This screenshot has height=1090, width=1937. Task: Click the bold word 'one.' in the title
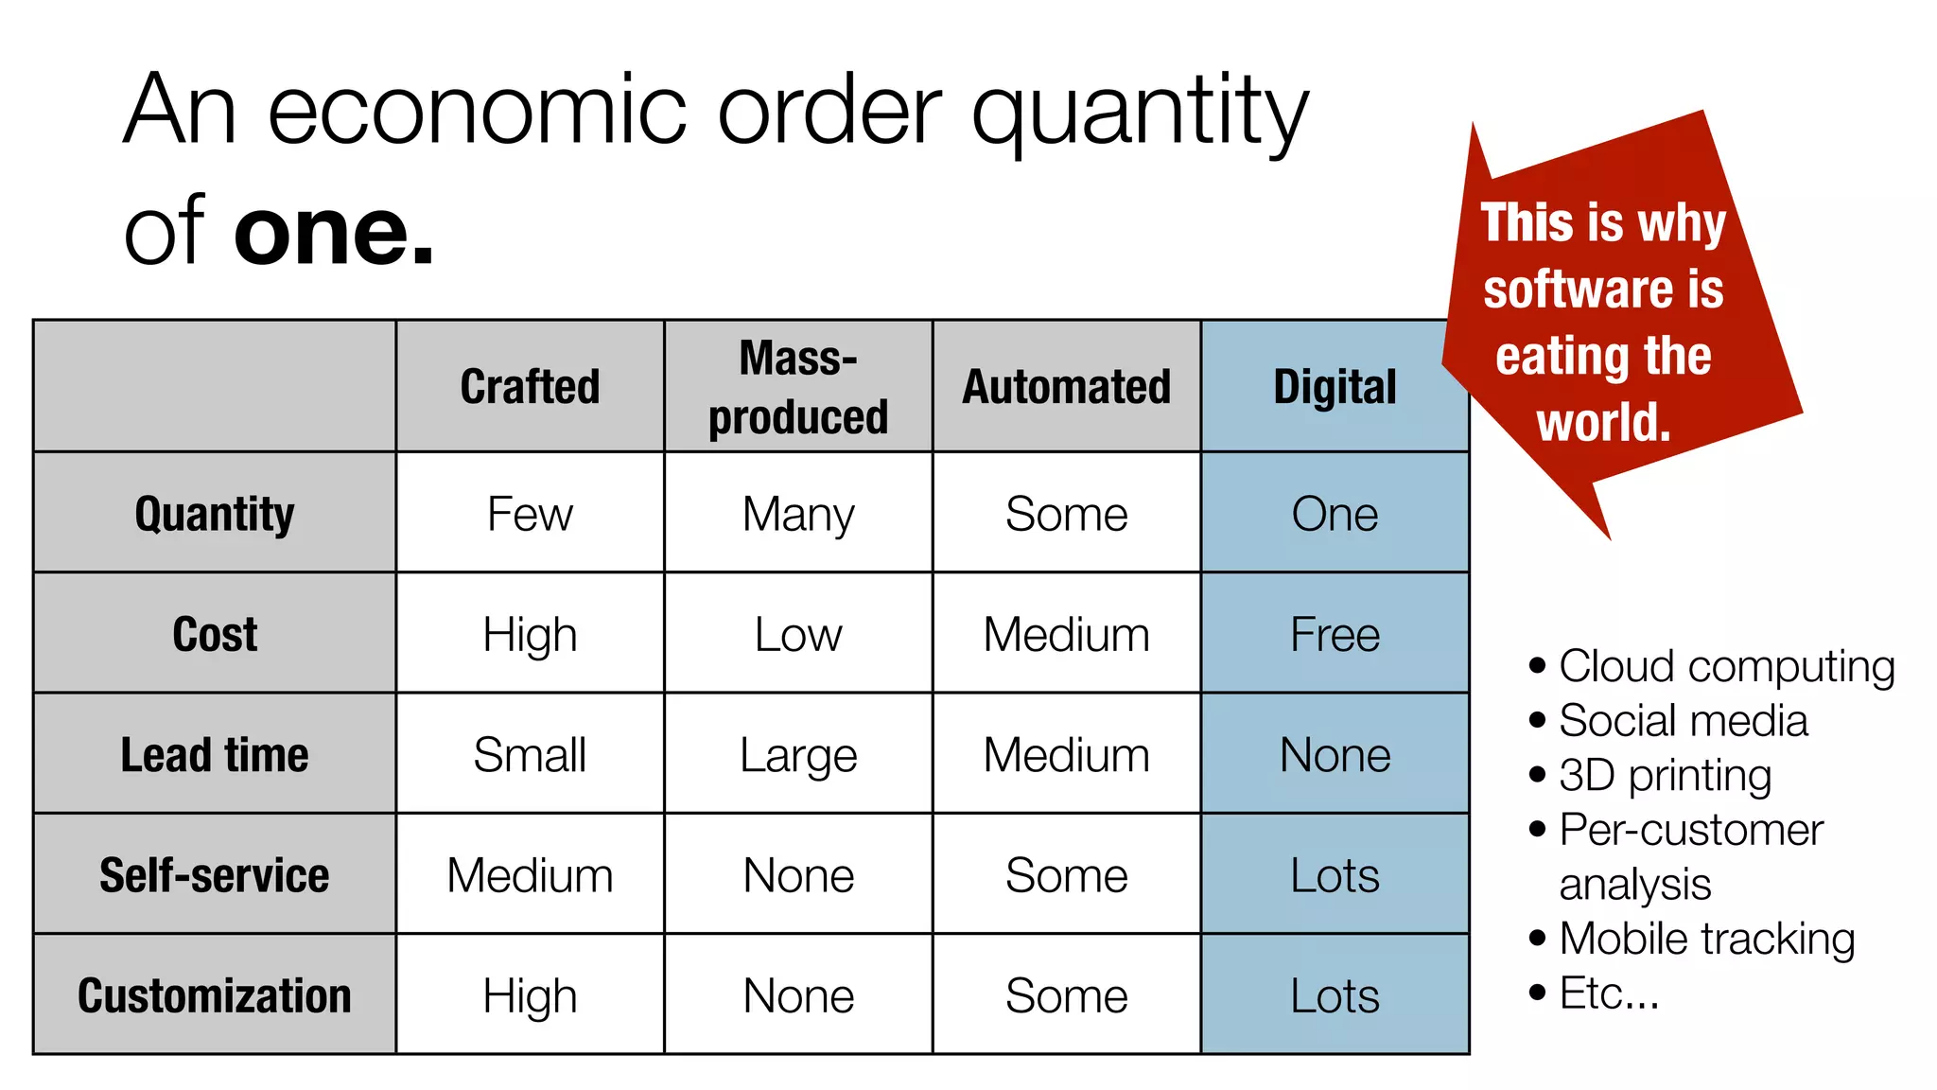[x=334, y=232]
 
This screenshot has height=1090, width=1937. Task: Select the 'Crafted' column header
[x=530, y=387]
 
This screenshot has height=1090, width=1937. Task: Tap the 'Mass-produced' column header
[x=798, y=387]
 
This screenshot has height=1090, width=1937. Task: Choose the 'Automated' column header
[x=1066, y=387]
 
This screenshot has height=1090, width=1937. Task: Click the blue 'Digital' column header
[x=1335, y=387]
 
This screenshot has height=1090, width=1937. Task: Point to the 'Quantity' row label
[x=215, y=514]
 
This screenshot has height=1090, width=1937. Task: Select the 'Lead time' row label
[x=215, y=755]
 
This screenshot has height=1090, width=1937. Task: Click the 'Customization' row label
[x=215, y=995]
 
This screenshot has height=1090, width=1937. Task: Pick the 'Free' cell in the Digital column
[x=1335, y=635]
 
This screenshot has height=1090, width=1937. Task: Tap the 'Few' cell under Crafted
[x=530, y=514]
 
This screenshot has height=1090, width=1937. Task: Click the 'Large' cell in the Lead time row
[x=798, y=755]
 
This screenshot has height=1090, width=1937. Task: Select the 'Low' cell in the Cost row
[x=798, y=635]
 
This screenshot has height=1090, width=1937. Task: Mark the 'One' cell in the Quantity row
[x=1335, y=514]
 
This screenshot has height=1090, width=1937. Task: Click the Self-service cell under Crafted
[x=530, y=875]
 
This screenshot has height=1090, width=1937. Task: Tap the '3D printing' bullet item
[x=1665, y=776]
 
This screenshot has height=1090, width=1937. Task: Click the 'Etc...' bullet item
[x=1609, y=993]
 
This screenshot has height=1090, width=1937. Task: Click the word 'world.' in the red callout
[x=1603, y=422]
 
